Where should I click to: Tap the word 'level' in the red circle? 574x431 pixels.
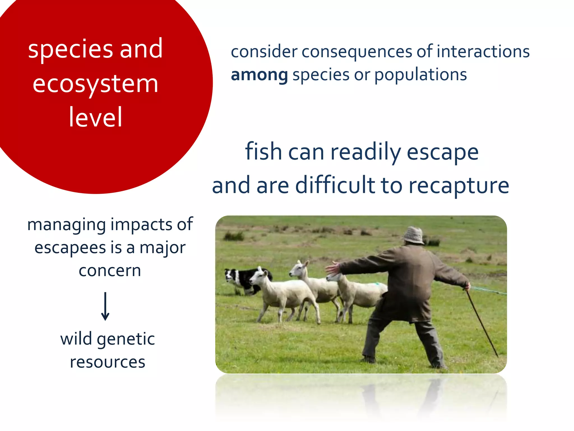(x=95, y=117)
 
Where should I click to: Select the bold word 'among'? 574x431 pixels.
(x=259, y=75)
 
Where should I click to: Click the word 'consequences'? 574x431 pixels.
(x=357, y=52)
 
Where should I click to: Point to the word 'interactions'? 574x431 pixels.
(x=483, y=52)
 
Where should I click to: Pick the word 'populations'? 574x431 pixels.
(x=420, y=75)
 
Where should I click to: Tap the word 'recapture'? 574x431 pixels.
(x=459, y=186)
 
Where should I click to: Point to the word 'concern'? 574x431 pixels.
(x=110, y=270)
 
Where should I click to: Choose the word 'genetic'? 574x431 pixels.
(x=126, y=339)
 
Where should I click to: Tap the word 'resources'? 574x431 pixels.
(x=108, y=362)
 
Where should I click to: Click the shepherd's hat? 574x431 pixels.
(x=414, y=235)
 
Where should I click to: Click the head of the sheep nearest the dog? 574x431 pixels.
(x=257, y=276)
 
